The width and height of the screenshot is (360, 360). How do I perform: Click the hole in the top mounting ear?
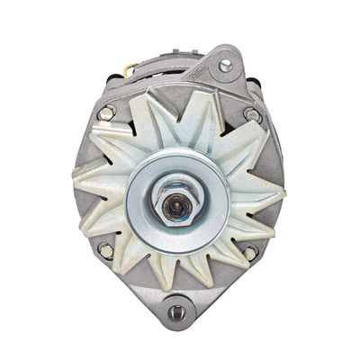click(x=225, y=65)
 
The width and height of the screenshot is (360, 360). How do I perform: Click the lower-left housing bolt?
click(x=105, y=251)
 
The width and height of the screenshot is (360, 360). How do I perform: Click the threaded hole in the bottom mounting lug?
click(x=177, y=310)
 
